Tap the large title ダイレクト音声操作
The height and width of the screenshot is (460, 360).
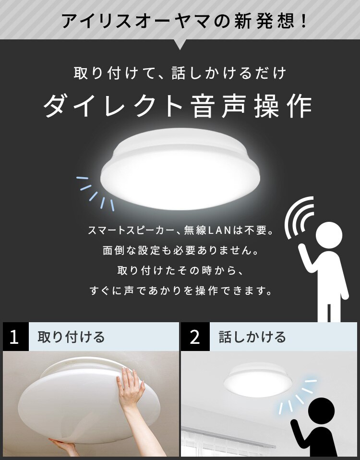(x=178, y=105)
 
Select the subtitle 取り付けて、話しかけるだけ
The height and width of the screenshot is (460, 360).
(x=180, y=73)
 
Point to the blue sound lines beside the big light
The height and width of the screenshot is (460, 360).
(x=96, y=192)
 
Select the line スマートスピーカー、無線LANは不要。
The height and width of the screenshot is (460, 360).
(x=180, y=231)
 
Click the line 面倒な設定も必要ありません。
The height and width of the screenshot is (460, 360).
(x=180, y=251)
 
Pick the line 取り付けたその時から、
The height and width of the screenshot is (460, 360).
(x=180, y=270)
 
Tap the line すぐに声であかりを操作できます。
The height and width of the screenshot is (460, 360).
(x=180, y=291)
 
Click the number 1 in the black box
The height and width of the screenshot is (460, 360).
(x=14, y=337)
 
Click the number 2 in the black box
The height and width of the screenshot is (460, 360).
(x=195, y=337)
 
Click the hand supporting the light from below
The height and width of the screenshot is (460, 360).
(x=62, y=446)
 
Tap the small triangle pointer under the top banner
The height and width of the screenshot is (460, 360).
(x=180, y=45)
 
